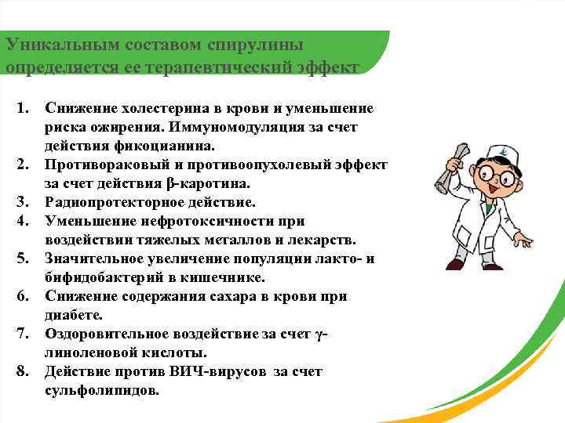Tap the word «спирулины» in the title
click(253, 45)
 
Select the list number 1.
click(23, 107)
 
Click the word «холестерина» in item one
click(147, 107)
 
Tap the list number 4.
click(23, 221)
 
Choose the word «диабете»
click(74, 316)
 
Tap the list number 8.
click(23, 372)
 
